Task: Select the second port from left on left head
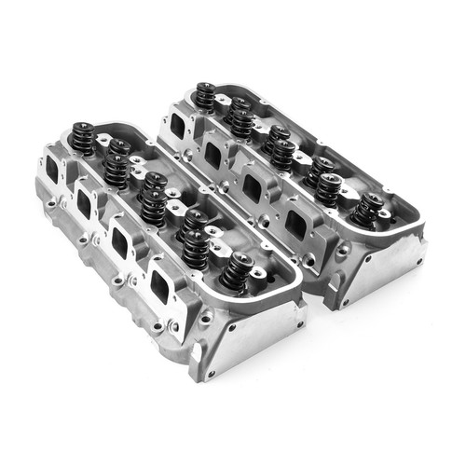click(85, 203)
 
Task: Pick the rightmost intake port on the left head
click(160, 282)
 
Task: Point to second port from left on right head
click(212, 154)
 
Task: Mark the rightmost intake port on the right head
click(296, 224)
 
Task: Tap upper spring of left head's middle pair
click(155, 182)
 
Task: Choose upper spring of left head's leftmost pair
click(117, 147)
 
